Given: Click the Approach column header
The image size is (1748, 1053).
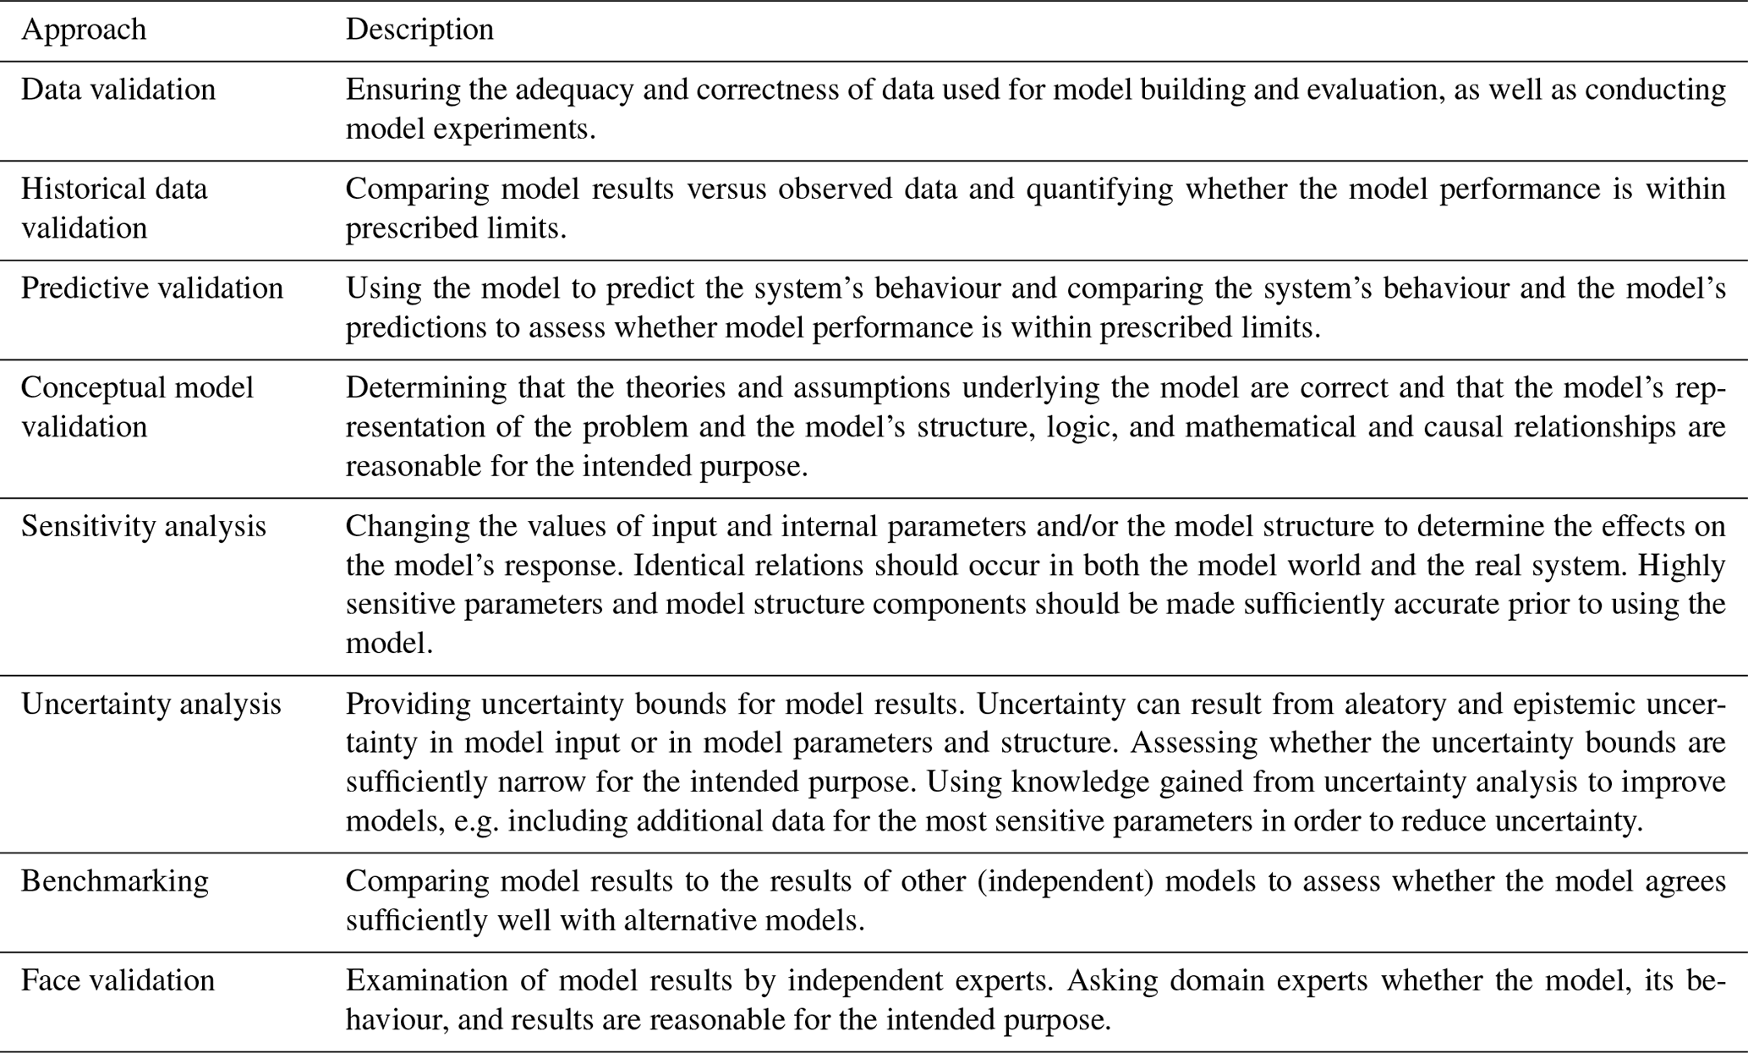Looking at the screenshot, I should tap(84, 30).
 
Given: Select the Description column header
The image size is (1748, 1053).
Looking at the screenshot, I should tap(419, 30).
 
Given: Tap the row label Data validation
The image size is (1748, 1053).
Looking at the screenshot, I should tap(118, 90).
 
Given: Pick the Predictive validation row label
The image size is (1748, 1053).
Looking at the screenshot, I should tap(152, 288).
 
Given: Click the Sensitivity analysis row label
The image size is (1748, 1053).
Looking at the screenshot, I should tap(144, 526).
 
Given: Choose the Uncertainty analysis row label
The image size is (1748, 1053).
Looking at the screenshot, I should tap(151, 704).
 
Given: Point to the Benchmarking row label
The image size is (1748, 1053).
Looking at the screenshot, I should tap(115, 881).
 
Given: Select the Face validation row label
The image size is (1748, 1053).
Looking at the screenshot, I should tap(118, 980).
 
